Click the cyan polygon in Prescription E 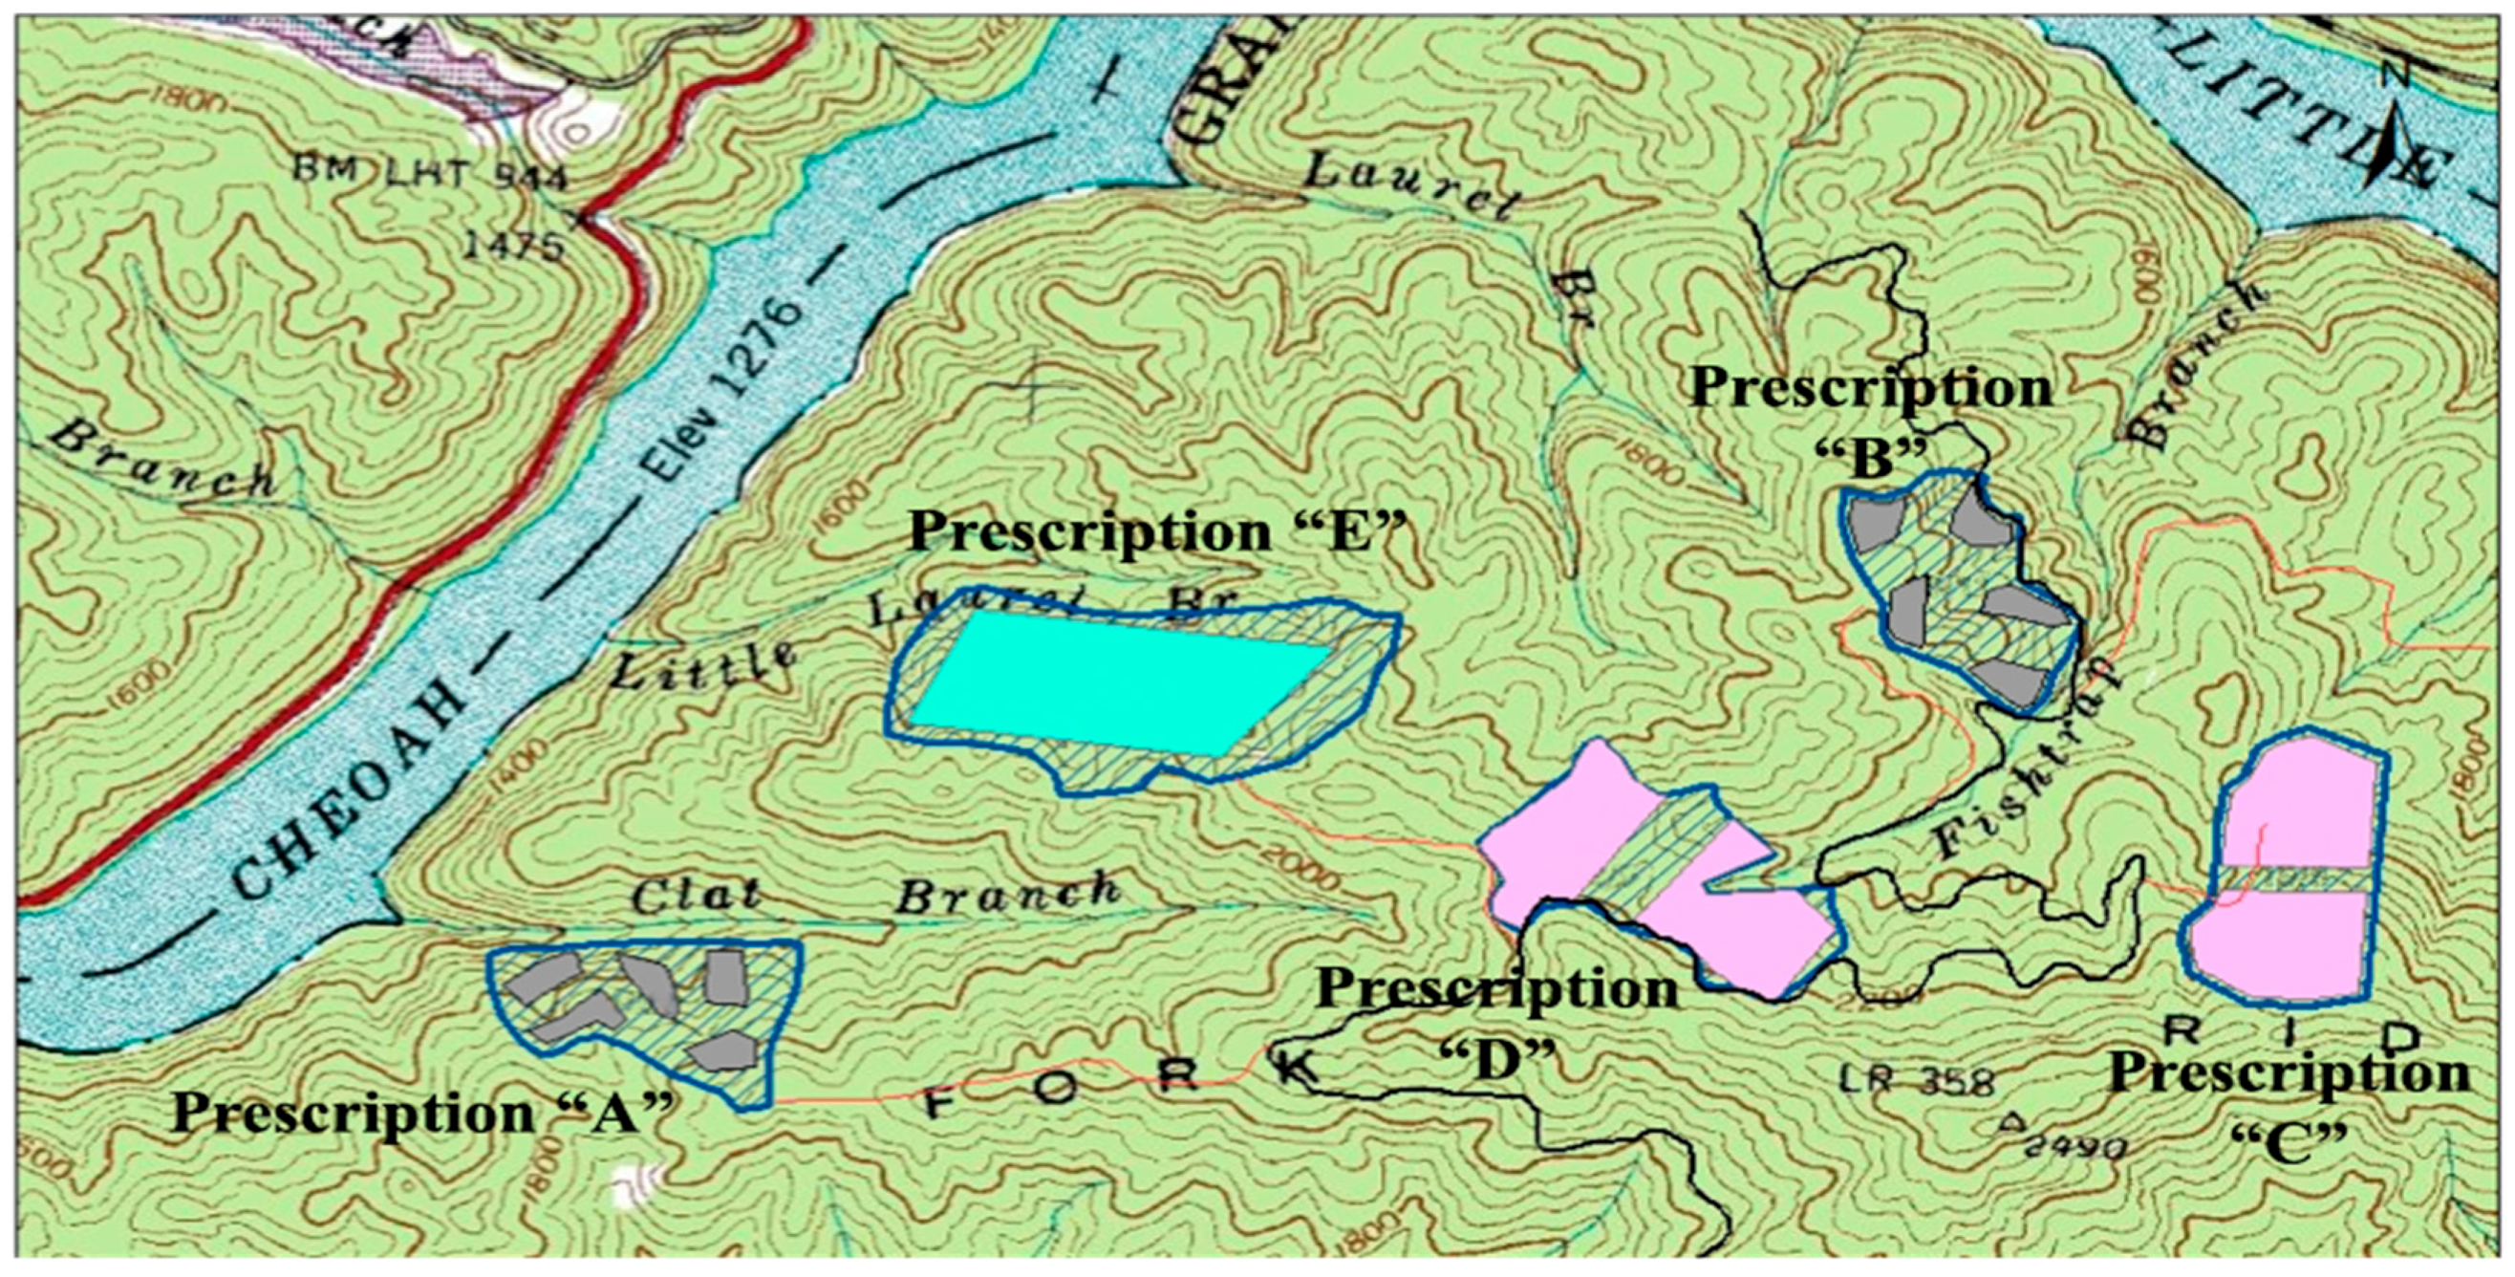click(x=1113, y=683)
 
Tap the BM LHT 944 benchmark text click(x=430, y=176)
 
